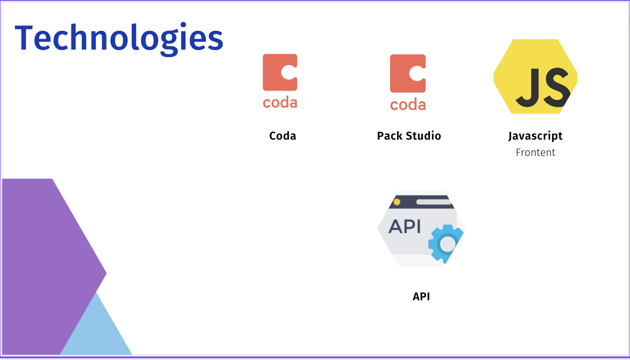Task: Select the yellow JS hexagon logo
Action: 535,76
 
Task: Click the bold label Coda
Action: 283,136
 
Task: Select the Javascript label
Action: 535,136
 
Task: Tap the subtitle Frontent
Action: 535,153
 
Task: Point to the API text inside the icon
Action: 404,227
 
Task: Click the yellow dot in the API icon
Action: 397,202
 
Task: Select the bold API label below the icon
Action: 421,297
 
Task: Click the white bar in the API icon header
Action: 433,202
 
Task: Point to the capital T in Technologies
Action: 27,38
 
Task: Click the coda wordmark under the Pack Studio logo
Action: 408,105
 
